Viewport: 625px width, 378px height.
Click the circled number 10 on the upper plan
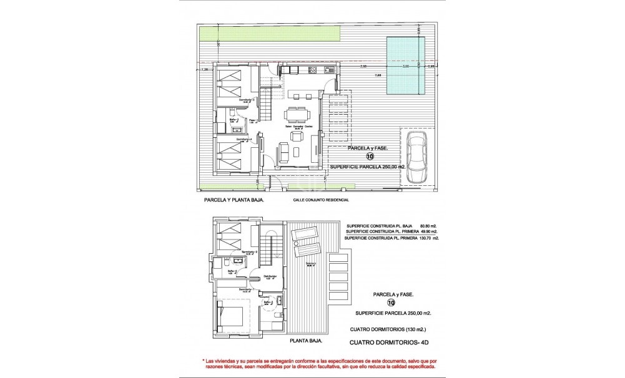(370, 157)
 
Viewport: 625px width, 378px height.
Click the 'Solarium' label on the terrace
(310, 263)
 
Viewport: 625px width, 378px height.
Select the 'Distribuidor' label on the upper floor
(269, 276)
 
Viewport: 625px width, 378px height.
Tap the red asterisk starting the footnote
(204, 362)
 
